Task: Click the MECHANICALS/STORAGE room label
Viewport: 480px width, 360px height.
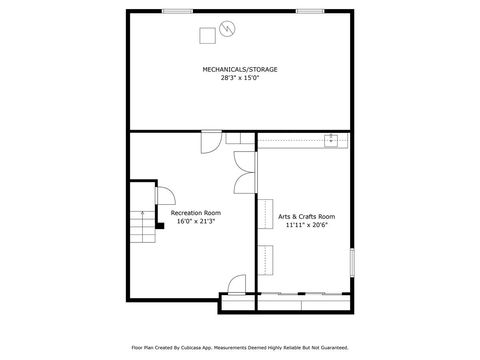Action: (x=240, y=69)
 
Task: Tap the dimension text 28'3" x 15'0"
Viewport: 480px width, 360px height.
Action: (x=240, y=77)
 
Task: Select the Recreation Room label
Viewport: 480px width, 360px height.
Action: (x=196, y=213)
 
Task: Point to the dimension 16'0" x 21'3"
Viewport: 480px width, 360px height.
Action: (x=196, y=221)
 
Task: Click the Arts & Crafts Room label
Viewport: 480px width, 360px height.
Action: (x=306, y=217)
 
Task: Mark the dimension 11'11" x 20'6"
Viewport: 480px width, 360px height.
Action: (x=306, y=225)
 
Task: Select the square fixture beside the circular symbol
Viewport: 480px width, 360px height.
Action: (x=207, y=36)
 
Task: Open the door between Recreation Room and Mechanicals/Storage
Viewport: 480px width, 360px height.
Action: (x=211, y=142)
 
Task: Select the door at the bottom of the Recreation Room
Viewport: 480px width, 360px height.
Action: (x=236, y=284)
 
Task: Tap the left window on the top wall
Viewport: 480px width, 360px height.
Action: (x=177, y=11)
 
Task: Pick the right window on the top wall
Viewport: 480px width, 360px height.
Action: (x=309, y=11)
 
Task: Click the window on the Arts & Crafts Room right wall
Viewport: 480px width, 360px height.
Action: (x=352, y=261)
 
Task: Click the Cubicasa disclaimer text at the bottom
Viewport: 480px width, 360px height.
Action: (x=240, y=347)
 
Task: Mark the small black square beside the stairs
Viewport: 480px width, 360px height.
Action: (x=160, y=226)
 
